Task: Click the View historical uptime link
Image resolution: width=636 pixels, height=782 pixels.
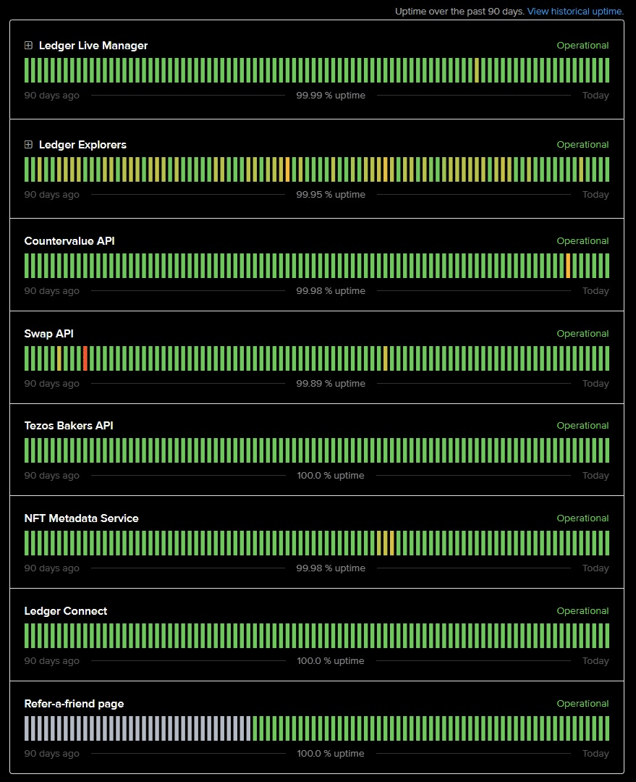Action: (575, 12)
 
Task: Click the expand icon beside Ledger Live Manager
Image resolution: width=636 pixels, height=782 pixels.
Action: (28, 46)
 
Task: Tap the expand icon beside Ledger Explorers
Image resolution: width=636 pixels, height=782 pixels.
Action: (28, 145)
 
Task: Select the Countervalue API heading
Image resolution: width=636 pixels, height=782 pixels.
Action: (69, 241)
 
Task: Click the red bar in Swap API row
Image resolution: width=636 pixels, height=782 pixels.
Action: (85, 358)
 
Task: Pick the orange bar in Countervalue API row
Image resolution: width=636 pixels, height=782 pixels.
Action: (568, 266)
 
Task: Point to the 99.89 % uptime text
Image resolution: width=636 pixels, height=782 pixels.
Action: (331, 384)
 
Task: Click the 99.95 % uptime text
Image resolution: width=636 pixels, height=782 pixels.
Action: (331, 195)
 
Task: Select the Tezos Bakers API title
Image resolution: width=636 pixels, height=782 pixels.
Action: (69, 426)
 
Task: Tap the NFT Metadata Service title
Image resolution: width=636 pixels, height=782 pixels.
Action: (81, 518)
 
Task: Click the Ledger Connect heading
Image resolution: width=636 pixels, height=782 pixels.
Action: (66, 611)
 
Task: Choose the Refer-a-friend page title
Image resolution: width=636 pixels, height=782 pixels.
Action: (74, 704)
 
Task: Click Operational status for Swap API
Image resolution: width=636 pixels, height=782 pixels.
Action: (582, 334)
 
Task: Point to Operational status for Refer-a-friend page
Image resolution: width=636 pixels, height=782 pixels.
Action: (582, 704)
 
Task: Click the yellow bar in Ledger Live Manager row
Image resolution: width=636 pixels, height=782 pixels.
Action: (477, 70)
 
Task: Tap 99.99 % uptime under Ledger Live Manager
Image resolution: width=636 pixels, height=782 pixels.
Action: (331, 96)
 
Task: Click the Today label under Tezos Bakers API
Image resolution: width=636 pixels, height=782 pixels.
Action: (595, 476)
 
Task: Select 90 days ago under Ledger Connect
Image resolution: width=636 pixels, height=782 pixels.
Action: (52, 661)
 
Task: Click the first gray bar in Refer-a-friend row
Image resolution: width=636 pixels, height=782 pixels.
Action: (27, 728)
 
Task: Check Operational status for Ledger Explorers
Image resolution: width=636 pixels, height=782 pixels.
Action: (582, 145)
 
